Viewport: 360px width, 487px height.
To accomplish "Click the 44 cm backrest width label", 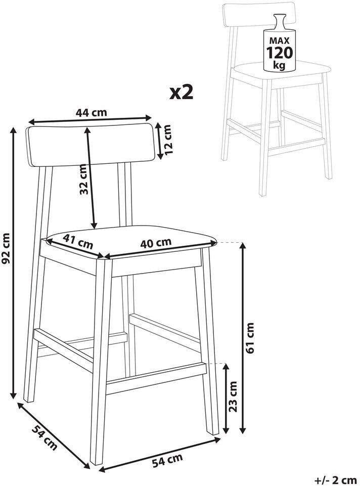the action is [x=92, y=112].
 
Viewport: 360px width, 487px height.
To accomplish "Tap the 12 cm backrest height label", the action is [x=167, y=140].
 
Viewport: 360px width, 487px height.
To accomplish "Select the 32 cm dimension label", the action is [x=83, y=180].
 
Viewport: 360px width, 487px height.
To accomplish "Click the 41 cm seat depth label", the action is [x=78, y=242].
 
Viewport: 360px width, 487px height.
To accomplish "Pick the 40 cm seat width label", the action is [x=156, y=243].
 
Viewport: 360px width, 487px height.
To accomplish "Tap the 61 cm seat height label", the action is [x=250, y=338].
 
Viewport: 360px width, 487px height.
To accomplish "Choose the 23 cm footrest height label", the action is [x=233, y=396].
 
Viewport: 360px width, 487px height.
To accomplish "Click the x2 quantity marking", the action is [x=182, y=93].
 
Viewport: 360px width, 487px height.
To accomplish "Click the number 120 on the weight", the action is [x=279, y=53].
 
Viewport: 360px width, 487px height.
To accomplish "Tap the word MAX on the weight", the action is [x=279, y=40].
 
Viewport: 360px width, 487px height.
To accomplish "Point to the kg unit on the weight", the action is [x=279, y=65].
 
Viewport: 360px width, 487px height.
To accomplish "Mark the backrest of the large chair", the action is [x=90, y=145].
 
